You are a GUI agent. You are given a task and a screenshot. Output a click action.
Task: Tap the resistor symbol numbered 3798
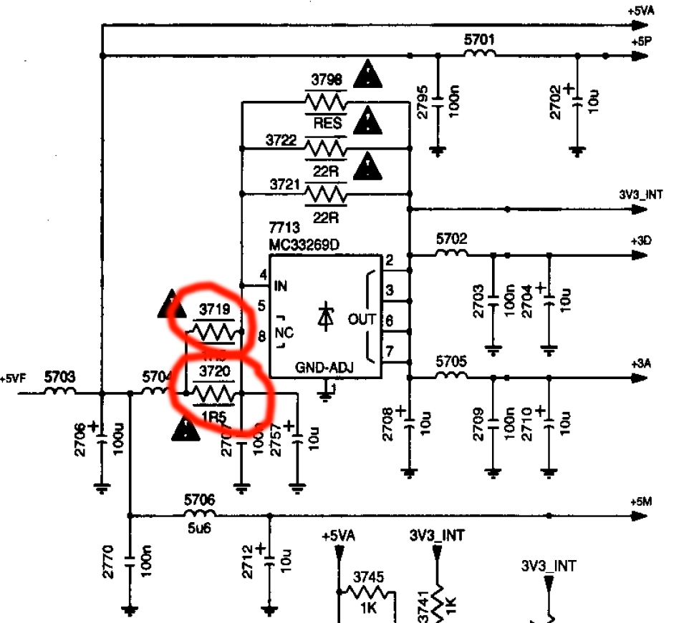tap(326, 100)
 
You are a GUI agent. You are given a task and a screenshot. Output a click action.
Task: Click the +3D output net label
tap(641, 240)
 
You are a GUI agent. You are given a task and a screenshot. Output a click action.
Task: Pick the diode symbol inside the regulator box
tap(326, 315)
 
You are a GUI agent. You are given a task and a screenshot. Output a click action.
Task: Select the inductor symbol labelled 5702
tap(451, 253)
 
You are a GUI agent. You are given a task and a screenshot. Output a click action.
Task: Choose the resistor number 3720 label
tap(214, 372)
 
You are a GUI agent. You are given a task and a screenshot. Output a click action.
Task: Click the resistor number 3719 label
tap(214, 310)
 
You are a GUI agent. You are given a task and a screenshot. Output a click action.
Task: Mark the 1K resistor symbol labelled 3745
tap(368, 592)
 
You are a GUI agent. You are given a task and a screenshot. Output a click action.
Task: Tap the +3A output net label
tap(641, 364)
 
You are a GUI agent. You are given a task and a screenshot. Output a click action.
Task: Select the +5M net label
tap(641, 501)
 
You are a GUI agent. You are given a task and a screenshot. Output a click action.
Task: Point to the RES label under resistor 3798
tap(327, 124)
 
